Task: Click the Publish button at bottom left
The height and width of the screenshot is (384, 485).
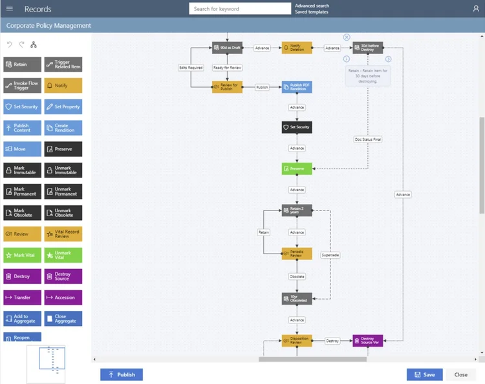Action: point(122,374)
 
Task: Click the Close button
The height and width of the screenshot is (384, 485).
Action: point(460,374)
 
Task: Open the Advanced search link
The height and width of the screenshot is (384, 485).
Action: point(312,6)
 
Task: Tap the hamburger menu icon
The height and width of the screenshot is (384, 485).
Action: point(9,9)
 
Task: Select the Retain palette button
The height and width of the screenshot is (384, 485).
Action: point(22,65)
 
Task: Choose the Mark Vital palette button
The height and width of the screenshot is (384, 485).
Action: point(22,255)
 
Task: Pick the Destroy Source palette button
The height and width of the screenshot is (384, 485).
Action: point(63,276)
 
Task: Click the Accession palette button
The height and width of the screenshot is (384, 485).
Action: point(63,298)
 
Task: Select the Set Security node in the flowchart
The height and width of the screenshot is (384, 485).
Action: point(297,127)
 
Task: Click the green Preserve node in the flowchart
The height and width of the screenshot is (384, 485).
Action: point(297,168)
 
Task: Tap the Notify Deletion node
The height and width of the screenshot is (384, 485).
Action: point(297,48)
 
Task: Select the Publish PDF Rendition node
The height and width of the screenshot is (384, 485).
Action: point(297,87)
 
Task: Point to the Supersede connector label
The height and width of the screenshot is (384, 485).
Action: point(330,255)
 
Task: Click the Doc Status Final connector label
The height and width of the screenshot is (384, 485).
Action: point(368,139)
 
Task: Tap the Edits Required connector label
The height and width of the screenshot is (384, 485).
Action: point(191,67)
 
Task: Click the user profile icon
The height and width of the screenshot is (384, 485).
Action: point(476,9)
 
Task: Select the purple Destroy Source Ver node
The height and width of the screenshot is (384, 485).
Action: point(367,341)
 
